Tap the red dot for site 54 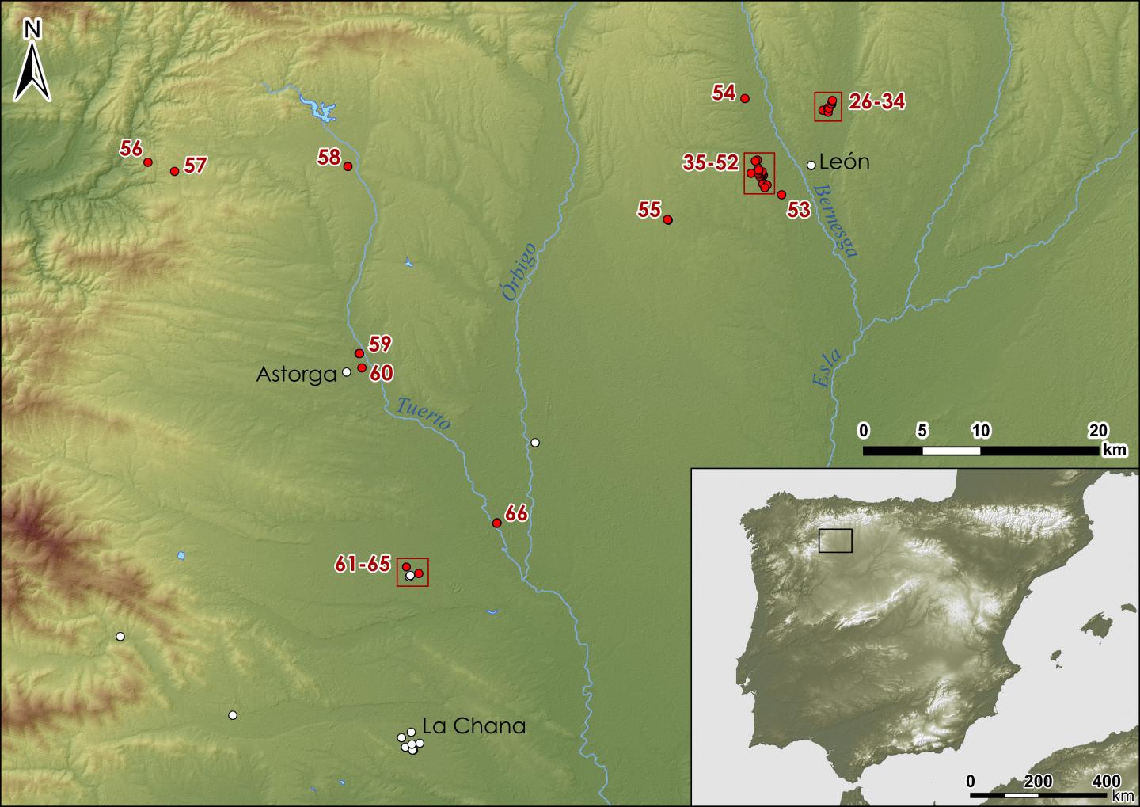[744, 98]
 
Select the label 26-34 [876, 101]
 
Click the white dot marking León [811, 166]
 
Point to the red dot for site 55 [667, 219]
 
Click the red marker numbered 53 [781, 195]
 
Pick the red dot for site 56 [147, 162]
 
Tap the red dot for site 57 [174, 171]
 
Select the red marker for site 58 [348, 166]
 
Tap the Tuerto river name [423, 413]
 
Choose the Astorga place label [296, 375]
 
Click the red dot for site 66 [496, 523]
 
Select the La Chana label [473, 726]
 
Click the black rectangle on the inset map [835, 540]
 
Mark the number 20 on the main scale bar [1097, 431]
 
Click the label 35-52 [710, 163]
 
